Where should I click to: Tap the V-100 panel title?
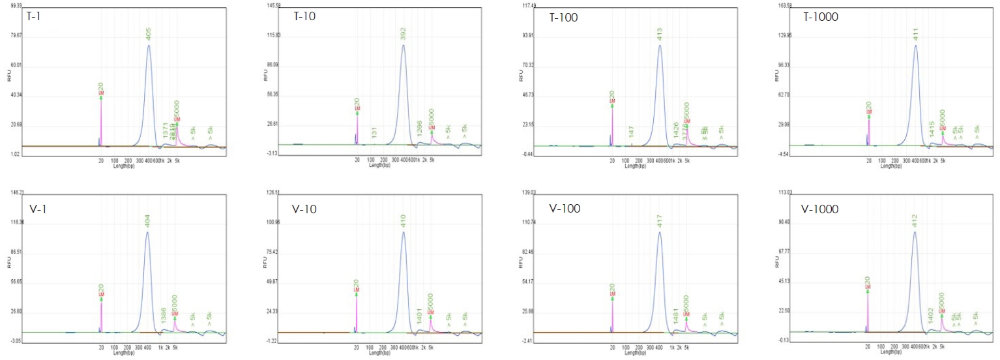[565, 209]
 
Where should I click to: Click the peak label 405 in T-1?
[149, 34]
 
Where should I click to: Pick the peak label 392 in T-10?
[404, 34]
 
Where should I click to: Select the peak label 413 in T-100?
[660, 34]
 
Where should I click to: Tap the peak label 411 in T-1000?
[916, 34]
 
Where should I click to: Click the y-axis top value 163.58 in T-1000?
[781, 5]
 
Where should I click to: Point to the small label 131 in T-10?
[374, 132]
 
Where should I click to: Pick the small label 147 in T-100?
[632, 132]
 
